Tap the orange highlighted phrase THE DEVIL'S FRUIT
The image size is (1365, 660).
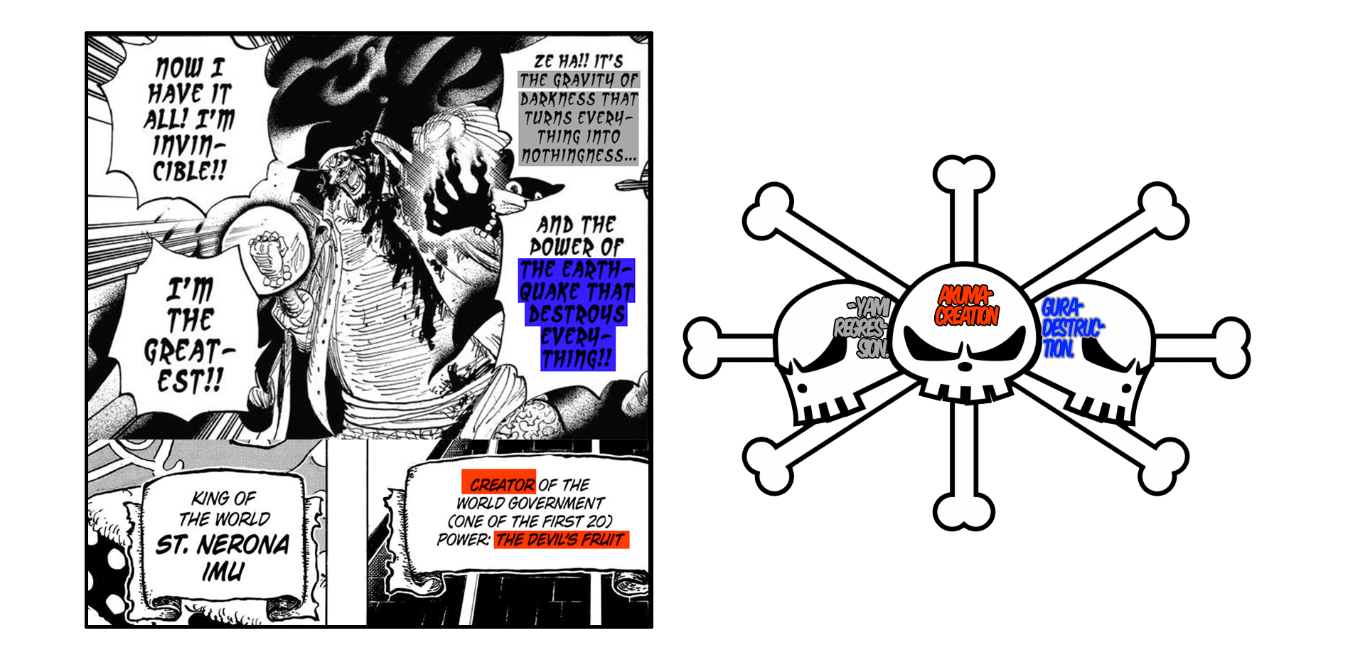click(x=561, y=540)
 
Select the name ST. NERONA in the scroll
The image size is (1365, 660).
click(x=223, y=544)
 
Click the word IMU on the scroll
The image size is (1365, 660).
click(x=223, y=571)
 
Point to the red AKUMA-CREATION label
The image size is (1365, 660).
click(x=967, y=306)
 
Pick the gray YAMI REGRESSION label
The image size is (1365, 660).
click(x=862, y=328)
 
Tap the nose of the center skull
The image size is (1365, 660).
click(x=965, y=366)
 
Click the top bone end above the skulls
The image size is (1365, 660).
click(x=963, y=174)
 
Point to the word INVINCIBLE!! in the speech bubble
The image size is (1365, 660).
click(x=189, y=157)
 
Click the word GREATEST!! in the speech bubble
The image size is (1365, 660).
click(x=189, y=366)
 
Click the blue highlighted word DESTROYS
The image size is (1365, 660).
click(x=577, y=314)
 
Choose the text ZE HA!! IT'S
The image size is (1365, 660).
click(x=578, y=61)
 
